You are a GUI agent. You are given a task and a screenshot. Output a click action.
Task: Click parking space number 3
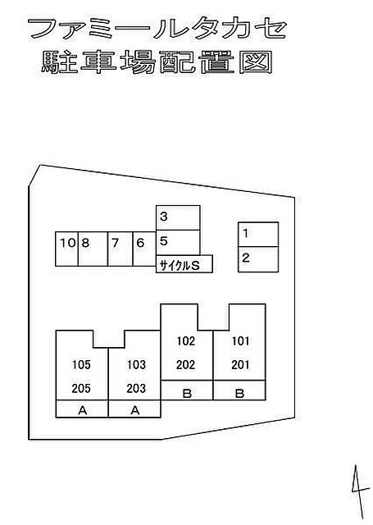click(178, 217)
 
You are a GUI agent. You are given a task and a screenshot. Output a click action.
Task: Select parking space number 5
click(178, 243)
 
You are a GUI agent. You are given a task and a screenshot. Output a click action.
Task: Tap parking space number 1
click(258, 235)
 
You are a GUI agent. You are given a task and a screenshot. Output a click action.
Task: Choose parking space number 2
click(258, 259)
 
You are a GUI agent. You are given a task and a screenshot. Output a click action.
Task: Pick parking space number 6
click(144, 249)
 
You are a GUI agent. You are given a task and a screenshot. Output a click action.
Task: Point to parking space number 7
click(121, 249)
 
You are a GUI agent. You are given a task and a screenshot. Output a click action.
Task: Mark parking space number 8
click(93, 249)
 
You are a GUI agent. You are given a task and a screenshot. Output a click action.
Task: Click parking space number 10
click(67, 249)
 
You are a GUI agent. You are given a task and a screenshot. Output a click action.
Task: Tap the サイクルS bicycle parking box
click(184, 264)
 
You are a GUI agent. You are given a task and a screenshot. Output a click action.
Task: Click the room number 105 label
click(81, 364)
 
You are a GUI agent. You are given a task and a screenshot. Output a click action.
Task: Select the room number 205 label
click(81, 388)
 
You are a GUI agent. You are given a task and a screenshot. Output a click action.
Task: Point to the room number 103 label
click(136, 364)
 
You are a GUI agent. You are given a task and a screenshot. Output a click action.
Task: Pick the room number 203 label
click(136, 388)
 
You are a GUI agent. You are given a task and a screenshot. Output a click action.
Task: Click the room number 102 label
click(185, 341)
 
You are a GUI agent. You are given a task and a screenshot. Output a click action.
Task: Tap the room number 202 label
click(185, 364)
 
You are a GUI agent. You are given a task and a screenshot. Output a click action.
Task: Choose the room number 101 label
click(240, 341)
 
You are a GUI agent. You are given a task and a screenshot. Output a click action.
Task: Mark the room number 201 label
click(240, 364)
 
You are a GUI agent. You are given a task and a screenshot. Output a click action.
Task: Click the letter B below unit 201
click(239, 394)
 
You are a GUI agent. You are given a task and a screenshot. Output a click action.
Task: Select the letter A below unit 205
click(82, 410)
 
